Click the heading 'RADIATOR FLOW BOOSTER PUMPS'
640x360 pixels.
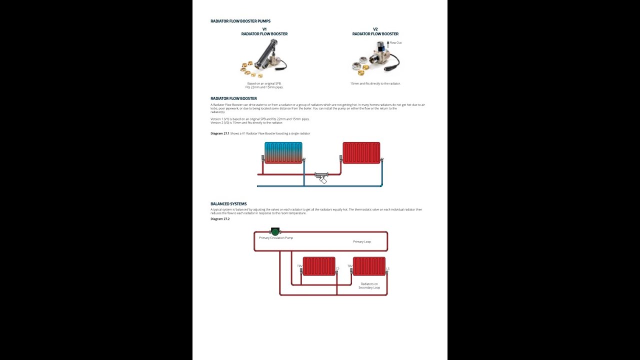240,21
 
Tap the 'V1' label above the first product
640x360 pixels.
264,29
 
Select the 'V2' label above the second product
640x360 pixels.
375,29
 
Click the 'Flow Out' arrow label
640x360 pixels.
395,43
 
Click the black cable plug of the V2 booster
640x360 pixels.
396,65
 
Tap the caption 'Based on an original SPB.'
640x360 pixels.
264,83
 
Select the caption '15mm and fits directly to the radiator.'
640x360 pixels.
375,83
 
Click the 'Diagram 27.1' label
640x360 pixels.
219,133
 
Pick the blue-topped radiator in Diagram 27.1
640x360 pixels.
283,152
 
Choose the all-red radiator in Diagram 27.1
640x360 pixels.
361,152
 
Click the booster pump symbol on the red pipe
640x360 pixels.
321,176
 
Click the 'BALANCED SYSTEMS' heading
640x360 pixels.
228,204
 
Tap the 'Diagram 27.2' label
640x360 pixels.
220,219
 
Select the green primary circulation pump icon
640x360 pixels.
274,231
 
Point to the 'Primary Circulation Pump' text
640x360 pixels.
276,238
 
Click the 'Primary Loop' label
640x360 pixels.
362,241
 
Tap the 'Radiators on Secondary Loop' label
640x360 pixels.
369,285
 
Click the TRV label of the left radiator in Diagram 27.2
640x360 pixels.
299,266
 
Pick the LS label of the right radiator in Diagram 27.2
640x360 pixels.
387,269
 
